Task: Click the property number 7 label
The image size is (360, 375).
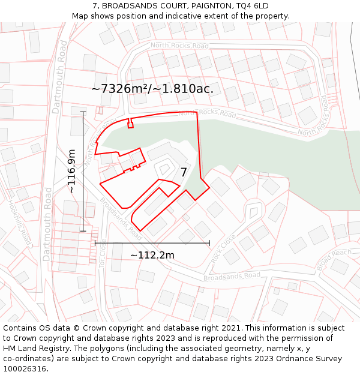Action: point(184,172)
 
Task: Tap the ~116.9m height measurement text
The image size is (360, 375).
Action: point(71,171)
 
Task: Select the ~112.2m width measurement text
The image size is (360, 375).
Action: point(152,255)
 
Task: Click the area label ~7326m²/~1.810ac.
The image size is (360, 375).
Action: point(152,89)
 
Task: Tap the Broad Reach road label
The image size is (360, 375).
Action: point(334,259)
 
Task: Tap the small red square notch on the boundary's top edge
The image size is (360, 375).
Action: point(130,125)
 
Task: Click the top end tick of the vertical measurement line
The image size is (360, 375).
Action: point(83,112)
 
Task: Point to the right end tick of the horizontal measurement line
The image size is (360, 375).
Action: point(209,243)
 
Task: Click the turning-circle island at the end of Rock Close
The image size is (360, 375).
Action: point(254,211)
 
